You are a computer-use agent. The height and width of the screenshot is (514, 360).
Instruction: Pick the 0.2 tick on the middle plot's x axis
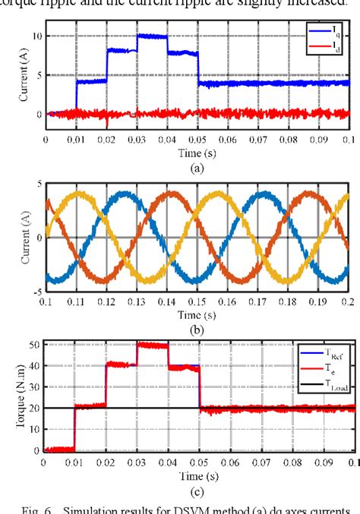(x=350, y=302)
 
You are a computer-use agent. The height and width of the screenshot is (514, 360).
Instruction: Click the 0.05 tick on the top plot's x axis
(x=198, y=140)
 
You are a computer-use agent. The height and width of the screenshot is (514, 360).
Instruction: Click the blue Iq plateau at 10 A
(x=152, y=36)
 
